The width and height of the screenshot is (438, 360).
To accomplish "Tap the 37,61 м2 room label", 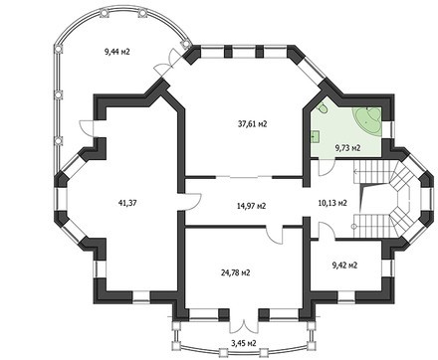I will click(x=250, y=123).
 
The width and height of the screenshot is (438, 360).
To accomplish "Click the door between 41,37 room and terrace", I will click(x=82, y=126).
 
